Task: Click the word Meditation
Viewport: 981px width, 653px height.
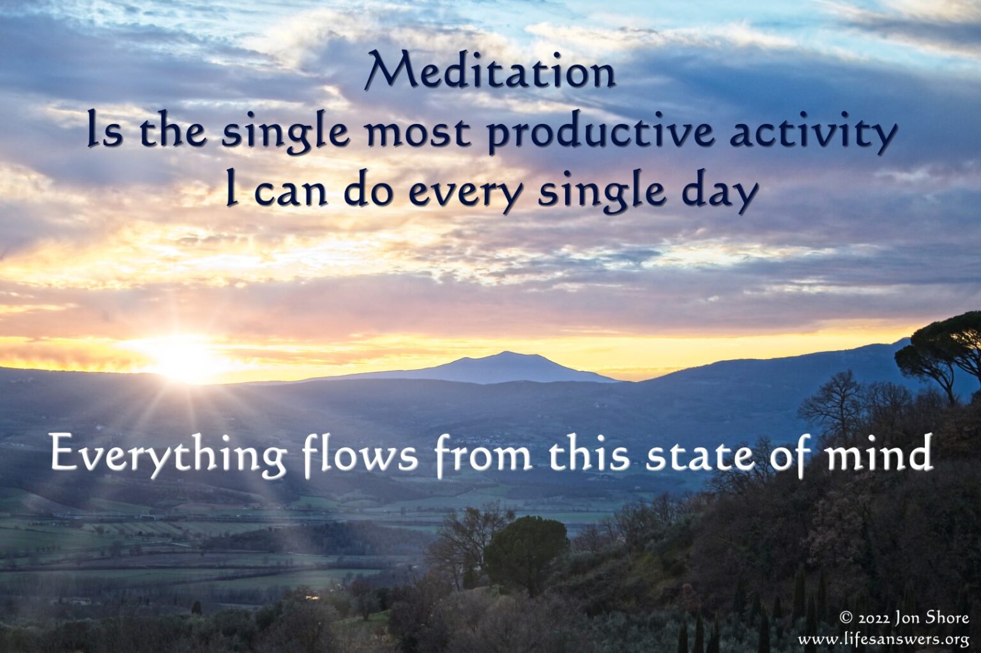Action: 490,72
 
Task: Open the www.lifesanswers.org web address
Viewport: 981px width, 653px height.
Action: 883,639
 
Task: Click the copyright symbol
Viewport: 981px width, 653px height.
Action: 846,618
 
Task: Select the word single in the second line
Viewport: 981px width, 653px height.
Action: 286,134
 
